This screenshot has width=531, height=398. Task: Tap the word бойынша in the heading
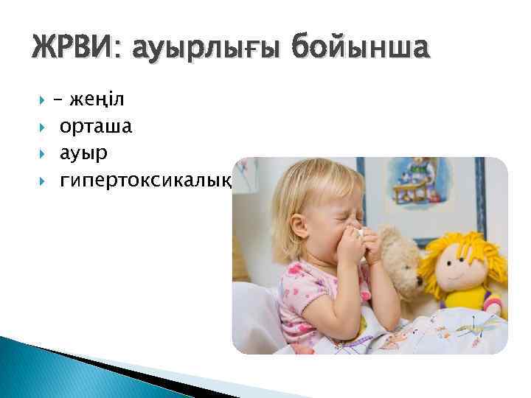(x=359, y=50)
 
